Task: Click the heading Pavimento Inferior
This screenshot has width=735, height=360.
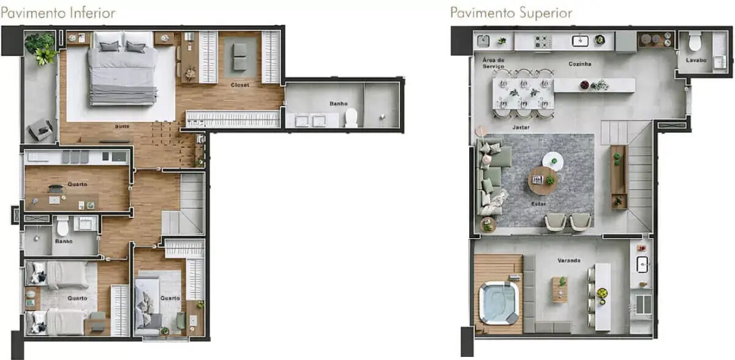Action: pyautogui.click(x=58, y=13)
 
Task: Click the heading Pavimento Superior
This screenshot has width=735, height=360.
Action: pyautogui.click(x=511, y=13)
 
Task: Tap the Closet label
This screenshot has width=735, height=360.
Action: pyautogui.click(x=240, y=85)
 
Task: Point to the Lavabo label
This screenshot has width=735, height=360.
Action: pyautogui.click(x=696, y=60)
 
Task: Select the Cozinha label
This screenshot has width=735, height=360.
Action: pyautogui.click(x=580, y=64)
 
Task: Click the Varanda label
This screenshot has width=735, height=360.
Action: pyautogui.click(x=569, y=260)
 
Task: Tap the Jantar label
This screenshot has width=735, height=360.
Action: pyautogui.click(x=521, y=127)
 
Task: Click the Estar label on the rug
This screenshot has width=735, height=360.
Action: pyautogui.click(x=538, y=204)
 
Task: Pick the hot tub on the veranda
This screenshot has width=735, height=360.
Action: pyautogui.click(x=499, y=303)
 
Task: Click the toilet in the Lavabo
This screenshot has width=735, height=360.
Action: pyautogui.click(x=695, y=41)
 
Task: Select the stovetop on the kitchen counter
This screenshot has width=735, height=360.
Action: pyautogui.click(x=543, y=42)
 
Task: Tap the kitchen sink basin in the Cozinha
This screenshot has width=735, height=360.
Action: pyautogui.click(x=580, y=40)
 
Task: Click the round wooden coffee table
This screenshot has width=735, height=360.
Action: pyautogui.click(x=543, y=181)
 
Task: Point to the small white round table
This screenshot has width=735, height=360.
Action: pyautogui.click(x=553, y=161)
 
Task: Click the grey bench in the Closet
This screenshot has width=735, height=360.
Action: pyautogui.click(x=239, y=57)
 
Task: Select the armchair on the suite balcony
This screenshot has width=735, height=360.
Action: pyautogui.click(x=40, y=130)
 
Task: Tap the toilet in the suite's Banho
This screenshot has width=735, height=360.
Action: pyautogui.click(x=351, y=118)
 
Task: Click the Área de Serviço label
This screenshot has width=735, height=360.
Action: pyautogui.click(x=493, y=63)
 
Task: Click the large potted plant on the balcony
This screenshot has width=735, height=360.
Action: pyautogui.click(x=41, y=48)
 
